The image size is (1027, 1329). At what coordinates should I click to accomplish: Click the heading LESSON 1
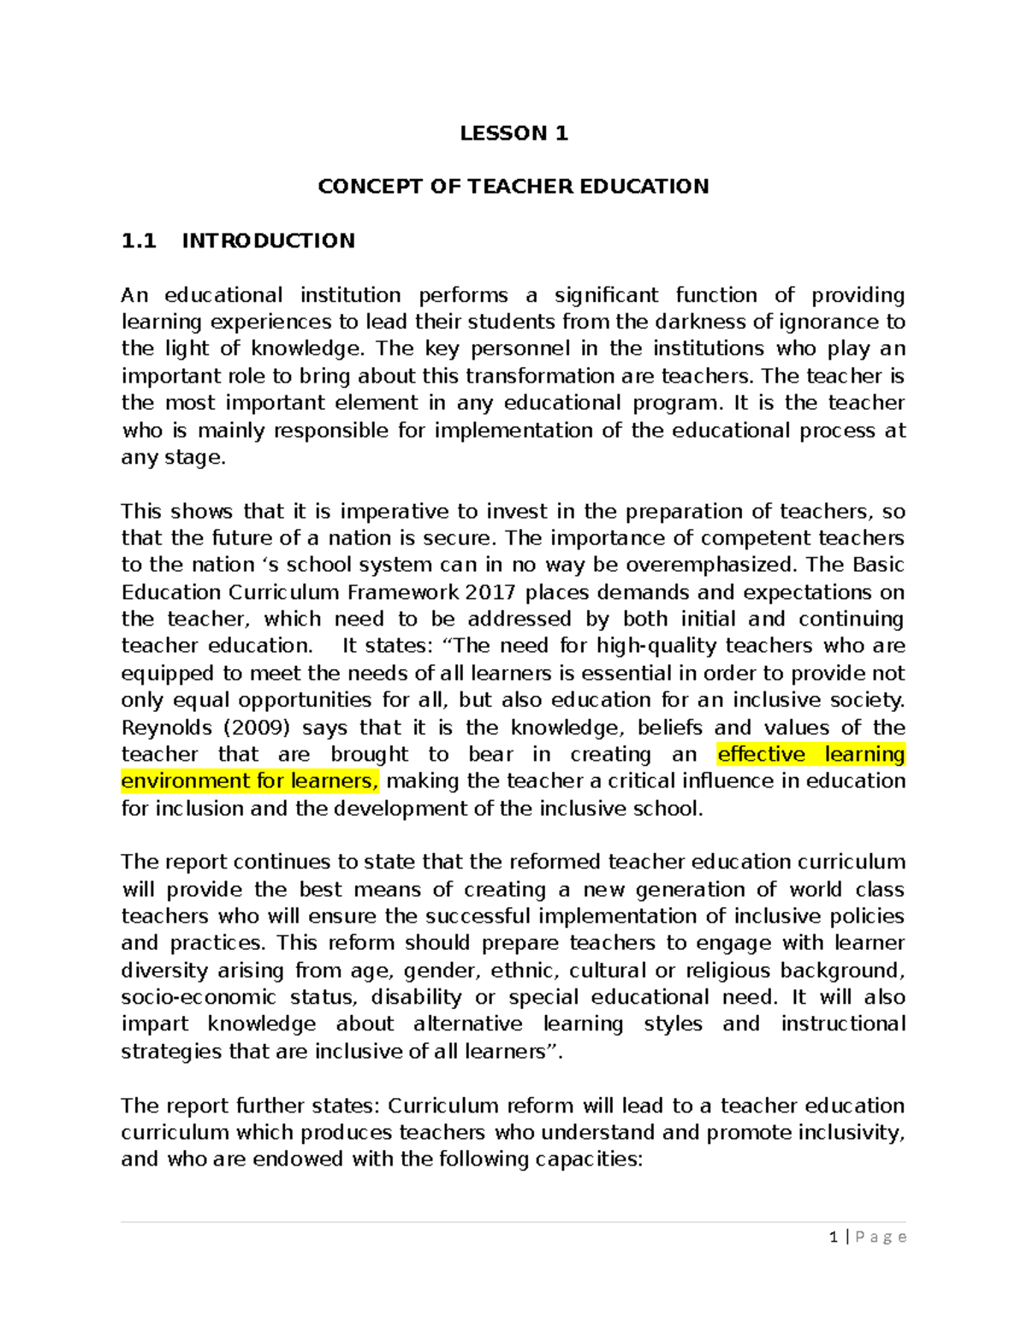(x=513, y=133)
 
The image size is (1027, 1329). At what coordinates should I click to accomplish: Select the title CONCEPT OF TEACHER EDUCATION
(x=513, y=187)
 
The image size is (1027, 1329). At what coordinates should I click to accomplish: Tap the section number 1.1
(x=139, y=240)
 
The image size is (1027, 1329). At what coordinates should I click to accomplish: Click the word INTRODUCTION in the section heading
(x=268, y=240)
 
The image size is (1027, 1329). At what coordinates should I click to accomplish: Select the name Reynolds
(x=166, y=727)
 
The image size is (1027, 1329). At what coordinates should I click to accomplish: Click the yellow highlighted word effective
(x=762, y=754)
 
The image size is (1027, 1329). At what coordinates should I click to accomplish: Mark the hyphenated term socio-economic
(x=199, y=997)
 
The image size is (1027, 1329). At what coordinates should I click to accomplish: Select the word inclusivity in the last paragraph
(x=851, y=1132)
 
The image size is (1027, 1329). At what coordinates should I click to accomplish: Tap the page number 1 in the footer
(x=834, y=1237)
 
